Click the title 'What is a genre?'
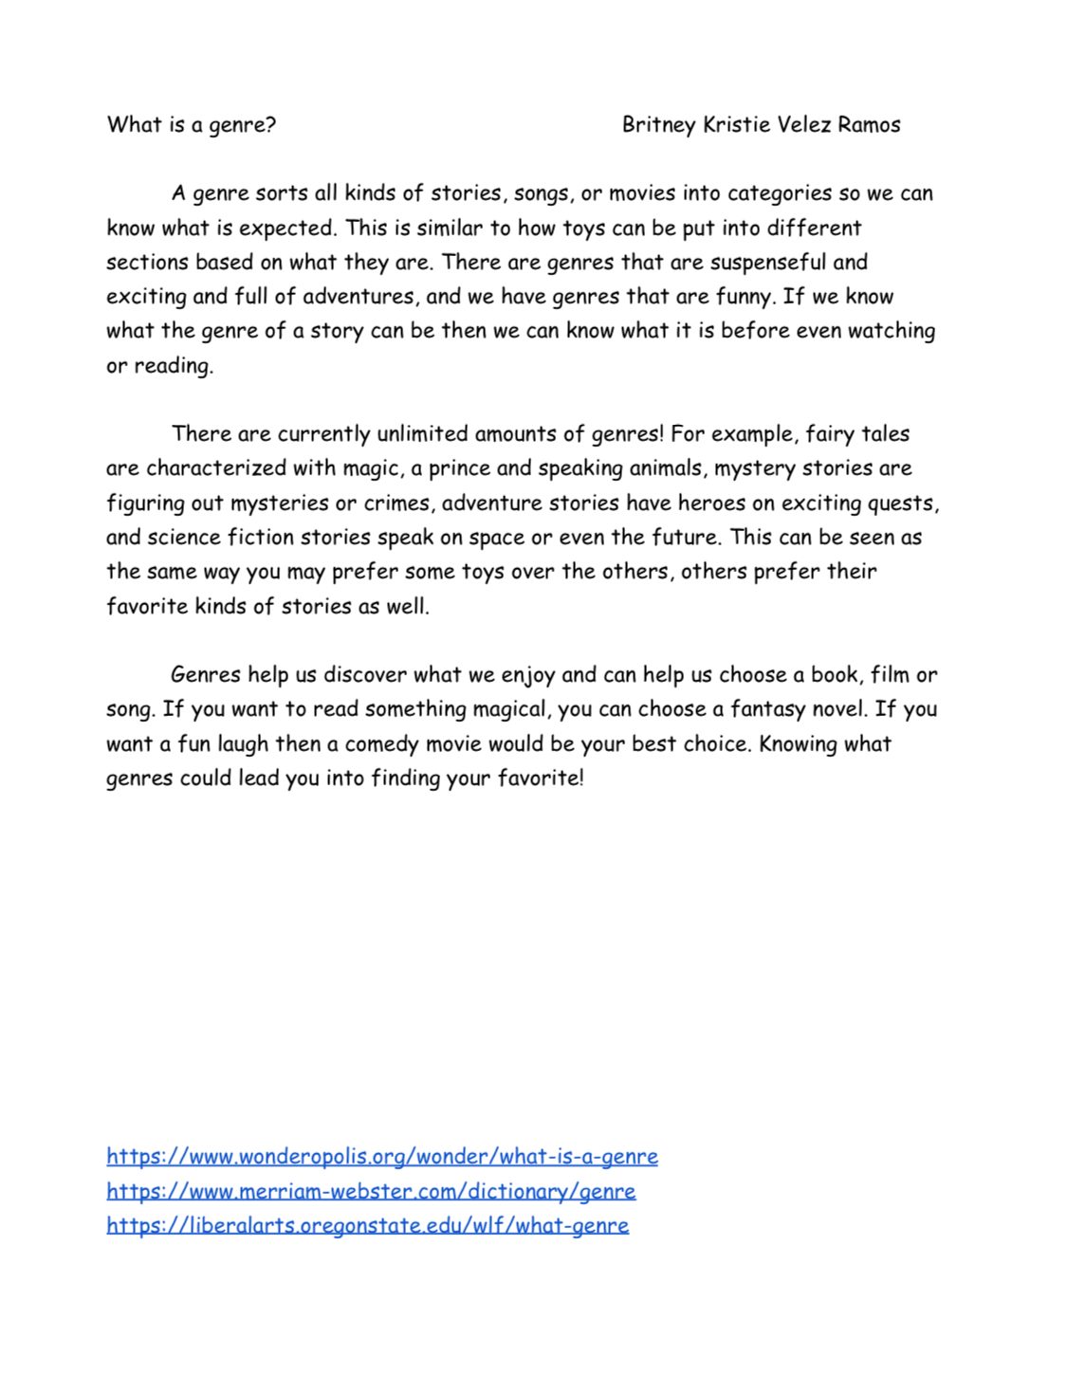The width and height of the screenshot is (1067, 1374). pos(192,124)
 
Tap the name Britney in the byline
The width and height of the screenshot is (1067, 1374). pos(658,124)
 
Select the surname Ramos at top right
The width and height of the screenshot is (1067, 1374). pos(869,124)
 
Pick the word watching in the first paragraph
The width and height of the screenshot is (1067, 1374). pos(892,331)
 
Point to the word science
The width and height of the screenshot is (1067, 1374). pos(184,537)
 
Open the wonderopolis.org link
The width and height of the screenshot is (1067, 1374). pos(382,1156)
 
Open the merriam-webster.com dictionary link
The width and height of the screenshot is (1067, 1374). pos(371,1190)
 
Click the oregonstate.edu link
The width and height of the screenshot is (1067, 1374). pos(368,1224)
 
